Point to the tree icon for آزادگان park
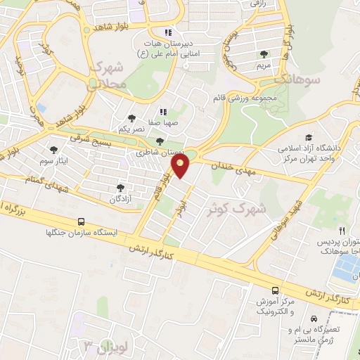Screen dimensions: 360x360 120,188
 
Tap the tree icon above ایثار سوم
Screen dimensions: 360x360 54,149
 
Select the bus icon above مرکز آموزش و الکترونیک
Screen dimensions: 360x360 275,290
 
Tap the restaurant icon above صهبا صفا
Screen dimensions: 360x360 163,111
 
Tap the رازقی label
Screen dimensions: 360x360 252,4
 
